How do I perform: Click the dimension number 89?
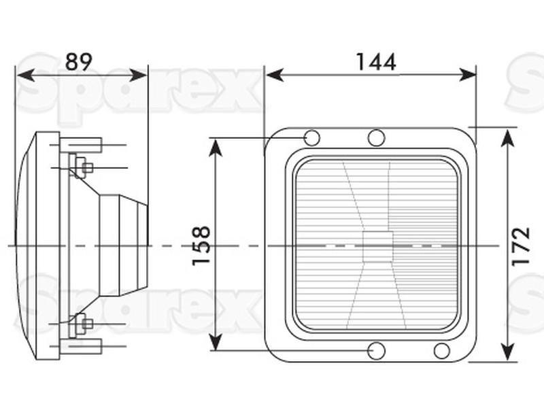pyautogui.click(x=79, y=62)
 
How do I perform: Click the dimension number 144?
pyautogui.click(x=376, y=62)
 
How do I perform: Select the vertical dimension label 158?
pyautogui.click(x=201, y=245)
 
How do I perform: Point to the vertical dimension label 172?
pyautogui.click(x=521, y=246)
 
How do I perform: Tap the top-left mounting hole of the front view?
pyautogui.click(x=312, y=138)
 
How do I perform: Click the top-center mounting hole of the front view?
pyautogui.click(x=376, y=138)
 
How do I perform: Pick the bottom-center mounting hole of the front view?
pyautogui.click(x=377, y=351)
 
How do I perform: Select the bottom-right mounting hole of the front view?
pyautogui.click(x=441, y=351)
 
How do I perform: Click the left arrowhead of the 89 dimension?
pyautogui.click(x=26, y=75)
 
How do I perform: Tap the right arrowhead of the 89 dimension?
pyautogui.click(x=138, y=75)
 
